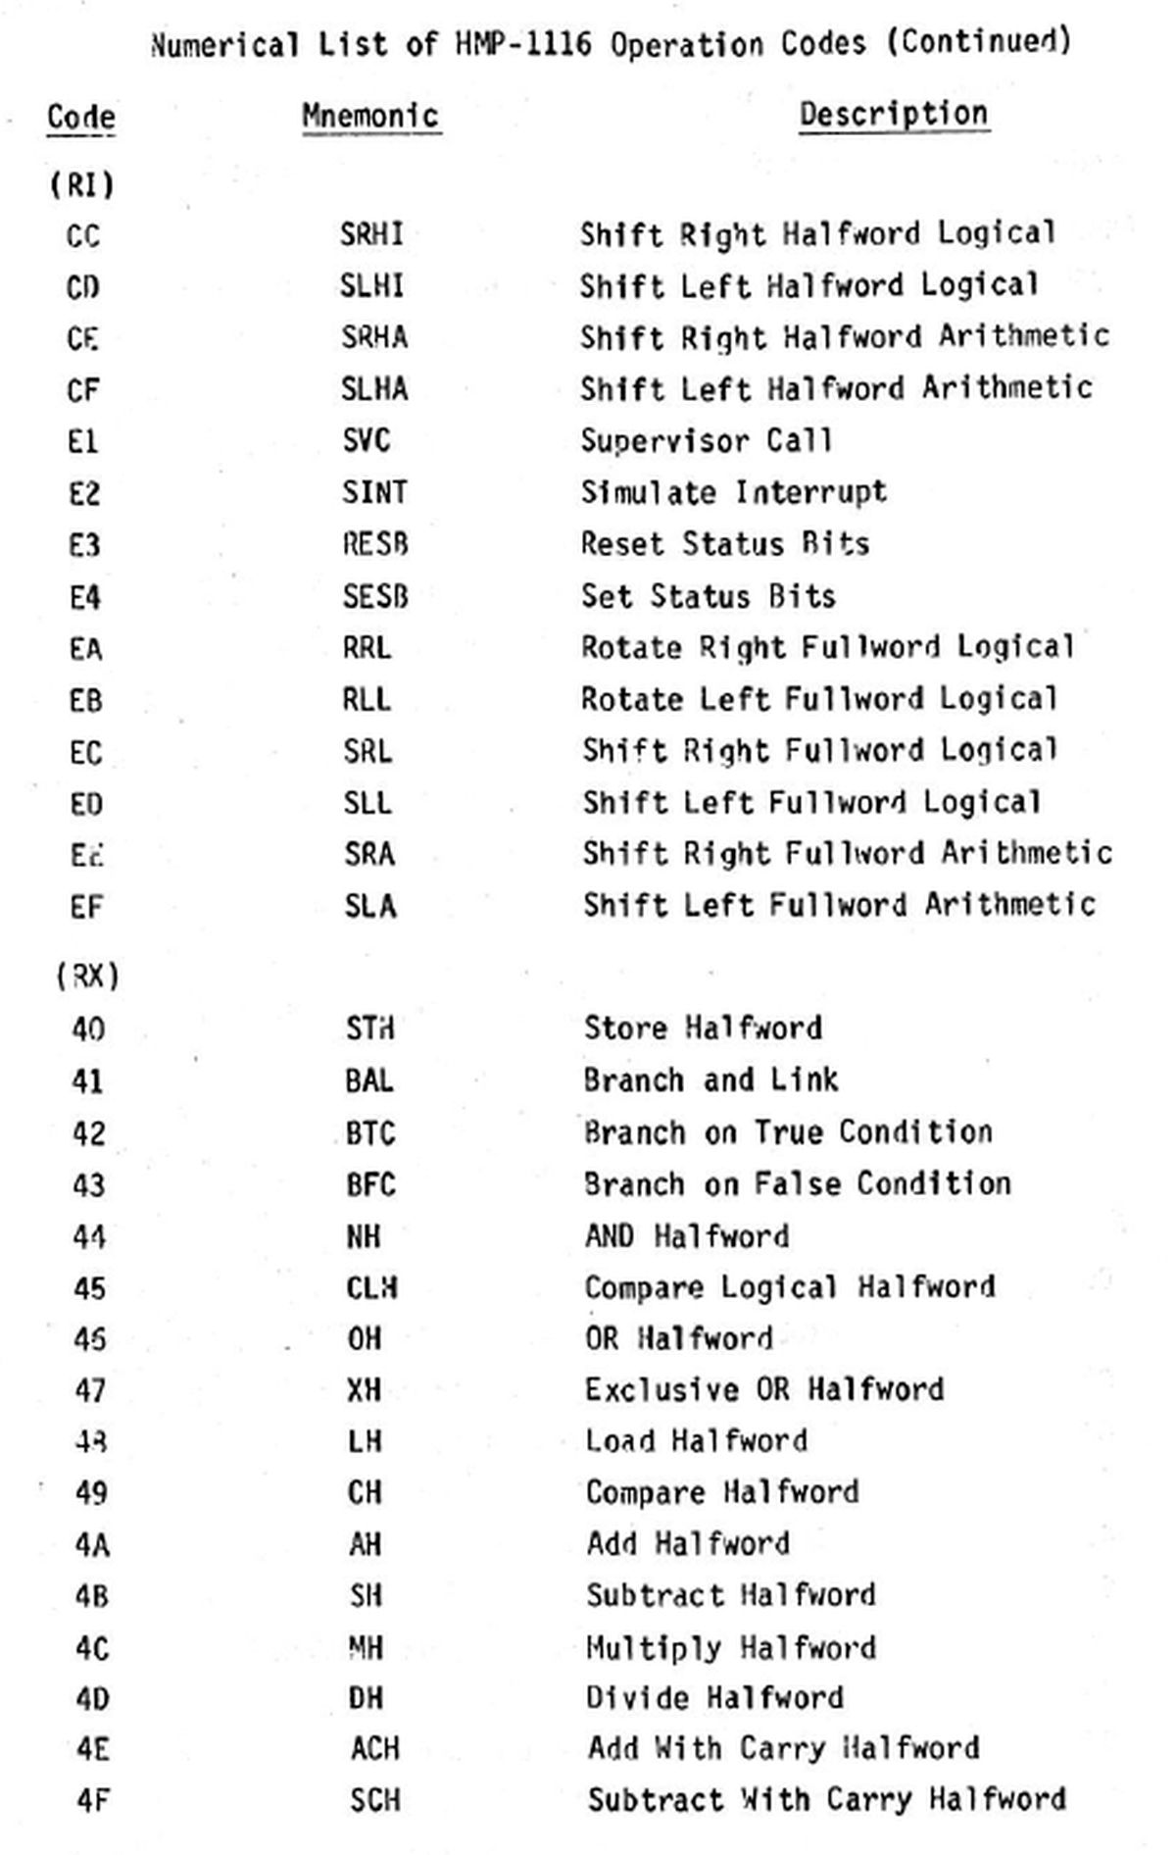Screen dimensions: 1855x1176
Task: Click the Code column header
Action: pos(80,118)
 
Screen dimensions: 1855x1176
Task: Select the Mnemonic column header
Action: pos(370,116)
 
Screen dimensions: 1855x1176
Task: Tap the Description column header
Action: pos(893,114)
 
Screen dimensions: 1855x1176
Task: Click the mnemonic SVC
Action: pos(367,440)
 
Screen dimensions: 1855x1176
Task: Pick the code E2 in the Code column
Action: pos(84,493)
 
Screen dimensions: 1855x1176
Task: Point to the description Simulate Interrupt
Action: pos(733,491)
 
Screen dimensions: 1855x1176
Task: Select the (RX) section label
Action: pos(87,977)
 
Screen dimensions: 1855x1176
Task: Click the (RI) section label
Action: pos(81,184)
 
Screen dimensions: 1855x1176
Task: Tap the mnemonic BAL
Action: pos(369,1080)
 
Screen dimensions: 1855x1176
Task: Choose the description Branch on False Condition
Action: pos(797,1183)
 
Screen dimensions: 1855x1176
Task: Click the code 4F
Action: pos(91,1800)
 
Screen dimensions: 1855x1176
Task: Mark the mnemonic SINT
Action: pos(373,491)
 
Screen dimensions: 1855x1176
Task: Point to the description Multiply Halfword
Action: pos(730,1647)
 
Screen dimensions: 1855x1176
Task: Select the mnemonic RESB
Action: pos(374,543)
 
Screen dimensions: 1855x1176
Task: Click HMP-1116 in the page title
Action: pos(523,45)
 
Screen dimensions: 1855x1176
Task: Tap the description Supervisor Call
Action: pos(706,440)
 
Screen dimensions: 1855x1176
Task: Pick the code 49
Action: pos(90,1492)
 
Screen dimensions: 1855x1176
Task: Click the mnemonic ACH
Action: pos(375,1748)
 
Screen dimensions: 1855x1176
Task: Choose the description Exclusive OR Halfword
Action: pos(764,1389)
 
